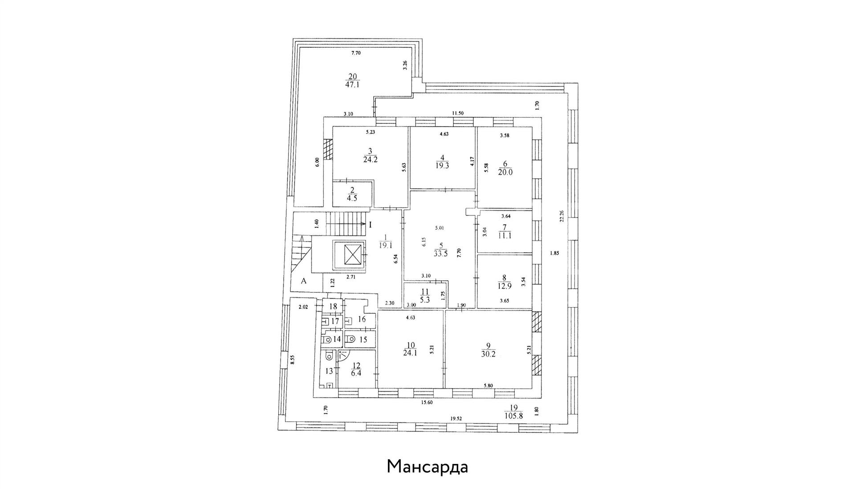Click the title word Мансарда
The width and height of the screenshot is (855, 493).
coord(427,467)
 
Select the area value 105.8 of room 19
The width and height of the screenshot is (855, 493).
coord(514,415)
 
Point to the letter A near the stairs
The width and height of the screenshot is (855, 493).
coord(304,281)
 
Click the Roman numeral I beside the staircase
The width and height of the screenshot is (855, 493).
coord(370,224)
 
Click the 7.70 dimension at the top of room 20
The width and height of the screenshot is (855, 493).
coord(356,53)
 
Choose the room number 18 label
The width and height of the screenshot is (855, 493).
coord(334,307)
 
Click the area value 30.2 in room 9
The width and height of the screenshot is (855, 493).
coord(488,355)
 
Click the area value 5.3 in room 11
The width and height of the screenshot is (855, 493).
coord(425,300)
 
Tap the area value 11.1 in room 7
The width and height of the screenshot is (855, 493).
coord(505,235)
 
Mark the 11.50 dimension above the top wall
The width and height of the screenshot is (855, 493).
coord(458,113)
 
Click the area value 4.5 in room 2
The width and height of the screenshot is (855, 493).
coord(352,199)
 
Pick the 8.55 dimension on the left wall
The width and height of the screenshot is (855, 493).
coord(292,360)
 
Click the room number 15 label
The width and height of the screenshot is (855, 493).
coord(363,340)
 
